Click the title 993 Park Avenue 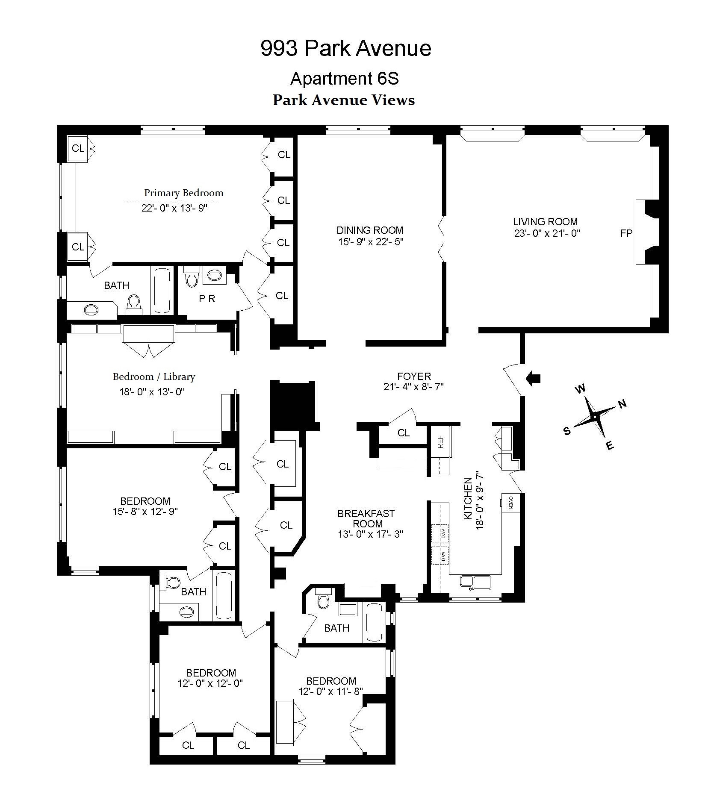click(345, 48)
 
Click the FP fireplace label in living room click(626, 233)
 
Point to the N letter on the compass click(622, 403)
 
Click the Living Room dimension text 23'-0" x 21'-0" click(547, 233)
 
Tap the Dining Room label click(370, 230)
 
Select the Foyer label click(413, 377)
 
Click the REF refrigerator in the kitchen click(440, 441)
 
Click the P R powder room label click(207, 299)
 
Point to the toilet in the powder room click(191, 278)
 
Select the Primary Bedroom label click(183, 193)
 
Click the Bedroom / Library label click(154, 377)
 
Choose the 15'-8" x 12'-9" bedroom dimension click(145, 512)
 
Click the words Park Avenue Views click(344, 100)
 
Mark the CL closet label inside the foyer click(403, 433)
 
